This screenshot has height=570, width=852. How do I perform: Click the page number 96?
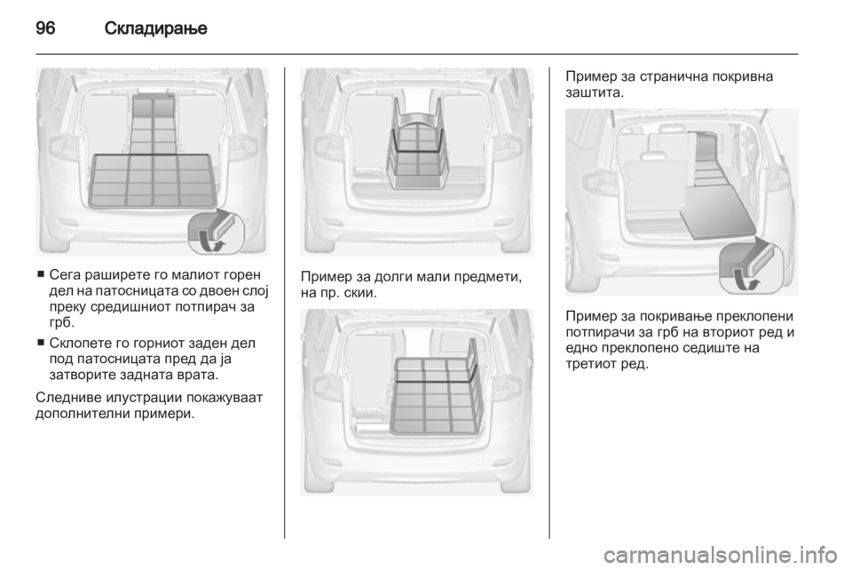coord(45,28)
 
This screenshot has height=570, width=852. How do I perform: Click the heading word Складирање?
coord(155,28)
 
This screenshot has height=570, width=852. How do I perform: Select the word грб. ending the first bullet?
coord(60,323)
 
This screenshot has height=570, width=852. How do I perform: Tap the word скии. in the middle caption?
coord(360,293)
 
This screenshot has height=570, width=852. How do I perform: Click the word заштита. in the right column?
coord(595,93)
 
